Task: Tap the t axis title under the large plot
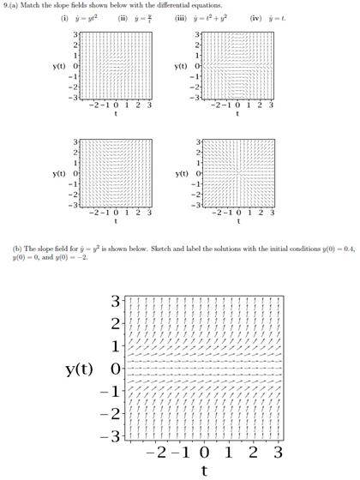point(204,470)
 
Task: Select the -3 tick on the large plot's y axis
point(116,436)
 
